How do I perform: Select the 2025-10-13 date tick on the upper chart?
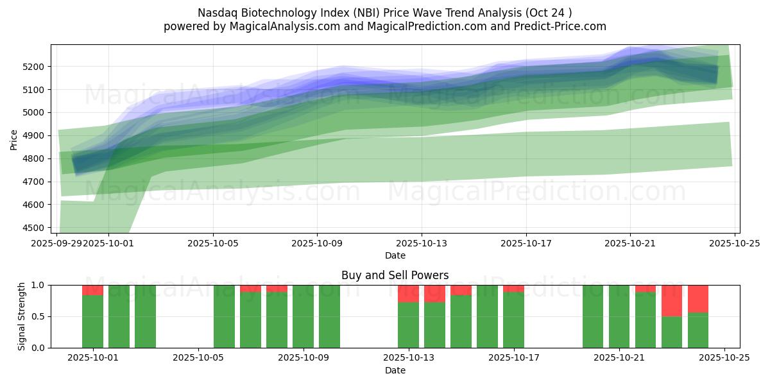pyautogui.click(x=422, y=243)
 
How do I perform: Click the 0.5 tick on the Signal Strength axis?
pyautogui.click(x=39, y=317)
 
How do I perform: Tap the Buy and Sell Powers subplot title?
pyautogui.click(x=395, y=275)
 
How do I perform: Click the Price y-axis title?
pyautogui.click(x=14, y=139)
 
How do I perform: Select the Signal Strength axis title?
pyautogui.click(x=21, y=316)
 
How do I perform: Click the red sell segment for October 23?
pyautogui.click(x=672, y=300)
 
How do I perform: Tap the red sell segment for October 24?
pyautogui.click(x=698, y=298)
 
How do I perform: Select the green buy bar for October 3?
pyautogui.click(x=145, y=316)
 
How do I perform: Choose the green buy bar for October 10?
pyautogui.click(x=329, y=316)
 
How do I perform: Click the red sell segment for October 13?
pyautogui.click(x=408, y=293)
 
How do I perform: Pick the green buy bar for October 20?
pyautogui.click(x=593, y=316)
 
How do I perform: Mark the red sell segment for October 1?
pyautogui.click(x=92, y=290)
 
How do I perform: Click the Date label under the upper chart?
pyautogui.click(x=395, y=255)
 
